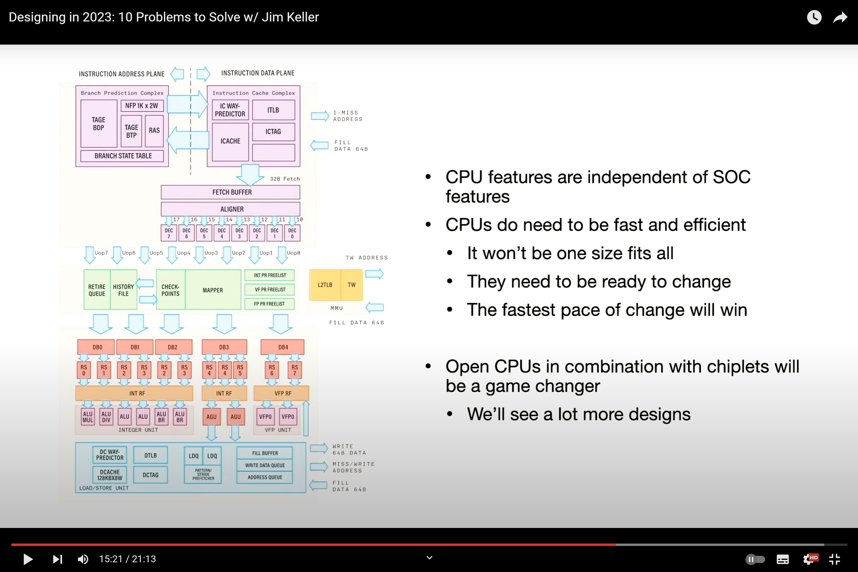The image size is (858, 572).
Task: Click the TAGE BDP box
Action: click(98, 124)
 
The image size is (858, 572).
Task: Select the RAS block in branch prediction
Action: click(154, 131)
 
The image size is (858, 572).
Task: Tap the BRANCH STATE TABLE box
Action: click(123, 156)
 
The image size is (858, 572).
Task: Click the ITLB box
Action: click(273, 110)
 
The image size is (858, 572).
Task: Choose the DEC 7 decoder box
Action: click(168, 233)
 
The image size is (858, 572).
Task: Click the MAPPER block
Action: click(213, 290)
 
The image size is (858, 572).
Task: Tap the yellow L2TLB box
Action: click(325, 285)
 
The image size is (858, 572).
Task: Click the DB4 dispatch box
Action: click(283, 347)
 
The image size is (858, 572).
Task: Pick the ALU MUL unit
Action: click(88, 417)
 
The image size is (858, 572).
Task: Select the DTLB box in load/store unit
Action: click(150, 455)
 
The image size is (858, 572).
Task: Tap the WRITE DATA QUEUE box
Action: click(265, 465)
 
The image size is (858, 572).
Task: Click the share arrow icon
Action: click(840, 17)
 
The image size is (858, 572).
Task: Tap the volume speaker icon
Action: click(83, 559)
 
